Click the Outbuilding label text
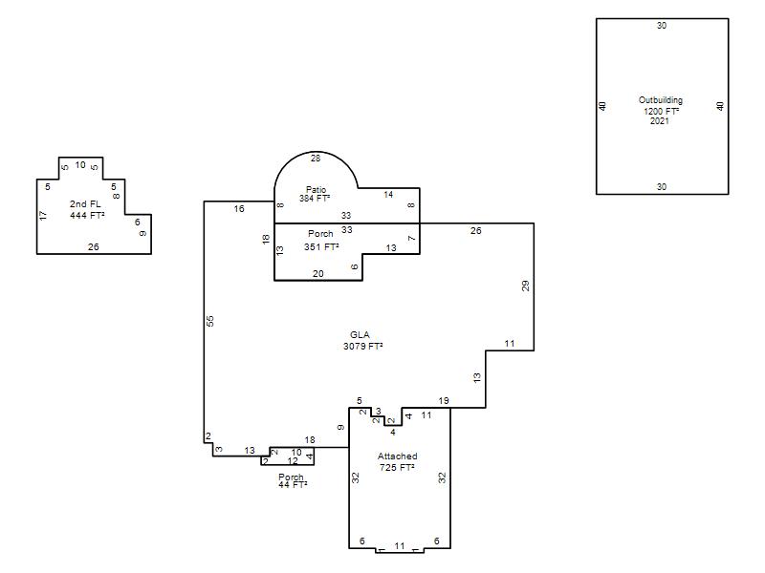[661, 100]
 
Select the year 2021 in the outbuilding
[660, 121]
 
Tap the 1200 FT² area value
[661, 111]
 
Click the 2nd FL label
[85, 204]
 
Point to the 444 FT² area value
[87, 215]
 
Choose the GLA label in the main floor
[361, 335]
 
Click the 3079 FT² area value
[363, 346]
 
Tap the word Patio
[317, 189]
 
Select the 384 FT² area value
[315, 199]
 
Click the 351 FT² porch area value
[321, 247]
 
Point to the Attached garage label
[398, 456]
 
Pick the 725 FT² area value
[397, 467]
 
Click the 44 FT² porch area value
[293, 484]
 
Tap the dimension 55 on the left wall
[210, 321]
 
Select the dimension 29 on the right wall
[525, 286]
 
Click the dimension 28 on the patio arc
[316, 158]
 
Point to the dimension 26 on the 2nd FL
[93, 247]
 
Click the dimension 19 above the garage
[444, 400]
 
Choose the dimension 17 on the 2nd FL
[42, 216]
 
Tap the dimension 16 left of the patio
[239, 208]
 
